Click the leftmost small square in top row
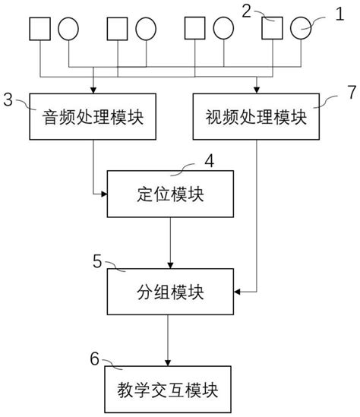40,29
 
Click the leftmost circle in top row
68,29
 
